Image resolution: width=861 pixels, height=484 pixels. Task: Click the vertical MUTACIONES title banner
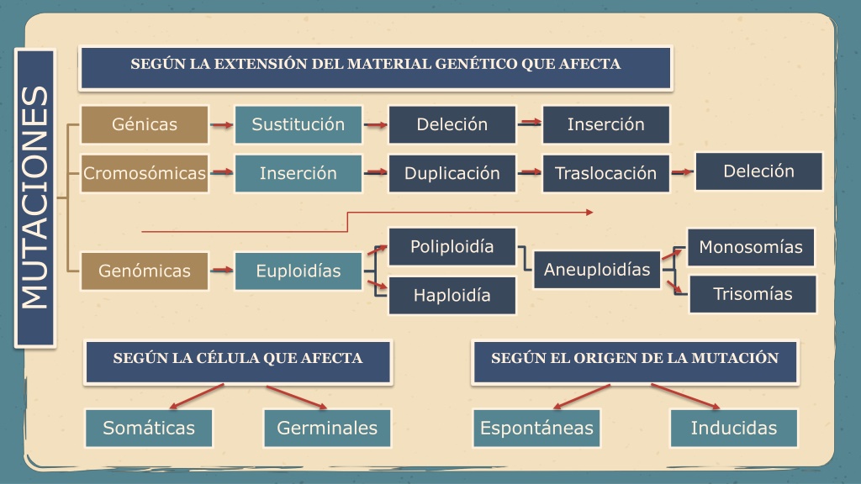pyautogui.click(x=35, y=198)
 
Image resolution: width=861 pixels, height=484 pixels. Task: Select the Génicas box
pyautogui.click(x=145, y=124)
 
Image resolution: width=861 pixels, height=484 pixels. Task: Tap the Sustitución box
pyautogui.click(x=298, y=124)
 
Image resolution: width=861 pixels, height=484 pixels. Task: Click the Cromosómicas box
pyautogui.click(x=145, y=173)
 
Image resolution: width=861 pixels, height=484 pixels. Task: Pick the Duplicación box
pyautogui.click(x=452, y=173)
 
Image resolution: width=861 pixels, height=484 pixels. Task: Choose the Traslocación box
pyautogui.click(x=605, y=173)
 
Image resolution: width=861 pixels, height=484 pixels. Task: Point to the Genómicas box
pyautogui.click(x=145, y=271)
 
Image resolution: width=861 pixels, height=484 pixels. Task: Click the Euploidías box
pyautogui.click(x=298, y=271)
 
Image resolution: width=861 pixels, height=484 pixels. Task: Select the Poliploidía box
pyautogui.click(x=452, y=247)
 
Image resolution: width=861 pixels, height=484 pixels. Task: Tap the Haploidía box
pyautogui.click(x=452, y=295)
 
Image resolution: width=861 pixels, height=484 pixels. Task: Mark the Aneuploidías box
pyautogui.click(x=597, y=270)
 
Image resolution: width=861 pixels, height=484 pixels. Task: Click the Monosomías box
pyautogui.click(x=751, y=248)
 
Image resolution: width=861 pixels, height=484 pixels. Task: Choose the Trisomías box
pyautogui.click(x=753, y=294)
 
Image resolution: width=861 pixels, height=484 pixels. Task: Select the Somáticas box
pyautogui.click(x=149, y=428)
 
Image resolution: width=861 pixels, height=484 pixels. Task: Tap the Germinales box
pyautogui.click(x=327, y=428)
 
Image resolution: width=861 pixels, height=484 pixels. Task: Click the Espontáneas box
pyautogui.click(x=536, y=428)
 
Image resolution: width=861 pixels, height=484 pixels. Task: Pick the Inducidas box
pyautogui.click(x=733, y=428)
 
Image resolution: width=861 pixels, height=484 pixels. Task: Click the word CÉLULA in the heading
pyautogui.click(x=227, y=358)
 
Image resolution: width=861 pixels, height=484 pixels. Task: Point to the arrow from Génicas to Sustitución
pyautogui.click(x=222, y=125)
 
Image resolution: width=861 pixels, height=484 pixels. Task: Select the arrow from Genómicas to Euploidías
pyautogui.click(x=222, y=270)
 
